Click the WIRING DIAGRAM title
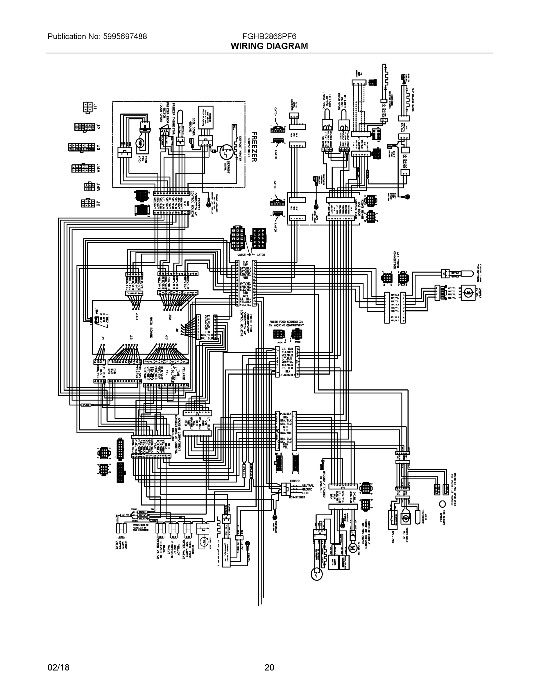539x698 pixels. click(x=269, y=46)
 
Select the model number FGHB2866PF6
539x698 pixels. click(x=269, y=36)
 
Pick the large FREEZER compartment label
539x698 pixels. click(x=254, y=147)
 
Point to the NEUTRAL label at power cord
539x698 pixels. click(x=308, y=485)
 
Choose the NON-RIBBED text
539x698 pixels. click(x=297, y=497)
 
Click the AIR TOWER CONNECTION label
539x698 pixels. click(x=396, y=260)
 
